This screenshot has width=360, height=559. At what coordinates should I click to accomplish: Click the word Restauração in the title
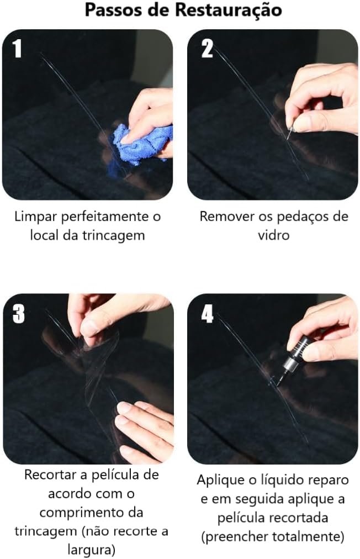(228, 10)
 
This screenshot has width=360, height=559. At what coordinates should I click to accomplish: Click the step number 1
(17, 49)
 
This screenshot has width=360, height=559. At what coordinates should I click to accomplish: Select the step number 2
(207, 49)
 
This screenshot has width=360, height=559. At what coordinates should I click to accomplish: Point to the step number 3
(19, 314)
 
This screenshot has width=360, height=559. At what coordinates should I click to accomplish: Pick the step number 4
(207, 314)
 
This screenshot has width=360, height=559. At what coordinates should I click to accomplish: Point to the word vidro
(273, 235)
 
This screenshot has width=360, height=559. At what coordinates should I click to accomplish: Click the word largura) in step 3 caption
(91, 550)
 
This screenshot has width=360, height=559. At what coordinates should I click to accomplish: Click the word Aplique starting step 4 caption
(220, 480)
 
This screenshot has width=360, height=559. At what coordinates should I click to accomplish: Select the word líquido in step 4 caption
(280, 480)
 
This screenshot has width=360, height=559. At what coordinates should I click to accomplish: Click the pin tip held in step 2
(288, 138)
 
